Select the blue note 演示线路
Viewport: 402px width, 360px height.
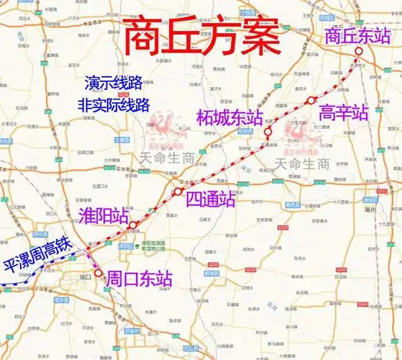click(x=116, y=83)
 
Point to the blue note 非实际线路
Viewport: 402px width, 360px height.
click(x=116, y=104)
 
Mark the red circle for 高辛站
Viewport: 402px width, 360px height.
click(x=311, y=100)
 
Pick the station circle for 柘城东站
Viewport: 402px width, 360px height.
click(x=268, y=132)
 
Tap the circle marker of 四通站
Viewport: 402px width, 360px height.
click(x=177, y=192)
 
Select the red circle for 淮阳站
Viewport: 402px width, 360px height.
click(x=132, y=225)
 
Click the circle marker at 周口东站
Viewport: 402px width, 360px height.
click(x=98, y=273)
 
